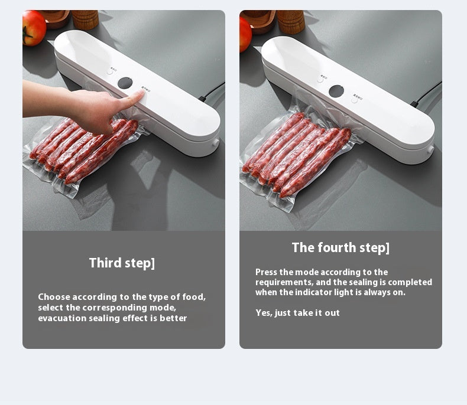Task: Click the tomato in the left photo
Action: (x=34, y=27)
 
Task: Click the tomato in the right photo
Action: (x=245, y=33)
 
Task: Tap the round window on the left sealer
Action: (x=125, y=83)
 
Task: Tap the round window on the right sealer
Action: (x=336, y=91)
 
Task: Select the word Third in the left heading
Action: (x=105, y=263)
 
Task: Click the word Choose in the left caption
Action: (x=54, y=297)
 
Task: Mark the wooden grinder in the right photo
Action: (x=290, y=21)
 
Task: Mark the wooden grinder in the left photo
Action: (x=85, y=19)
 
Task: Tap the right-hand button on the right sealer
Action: (x=354, y=100)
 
